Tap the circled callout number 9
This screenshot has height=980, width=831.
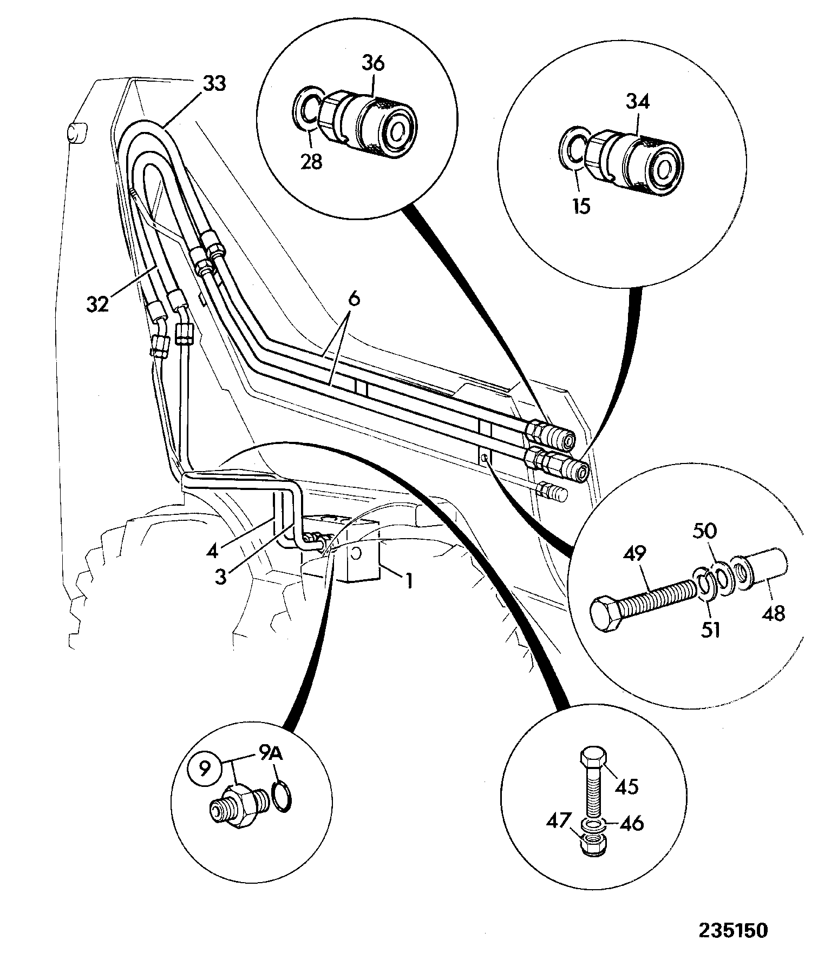tap(204, 769)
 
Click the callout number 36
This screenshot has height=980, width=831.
tap(373, 63)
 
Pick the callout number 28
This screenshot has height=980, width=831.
tap(311, 161)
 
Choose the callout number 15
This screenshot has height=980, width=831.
tap(581, 206)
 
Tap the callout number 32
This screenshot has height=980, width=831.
tap(98, 304)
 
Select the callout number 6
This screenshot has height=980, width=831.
tap(354, 300)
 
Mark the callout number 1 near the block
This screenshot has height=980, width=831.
tap(409, 581)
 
